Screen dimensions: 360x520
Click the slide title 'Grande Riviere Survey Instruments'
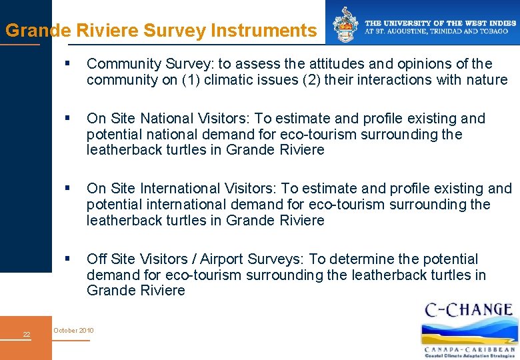coord(160,31)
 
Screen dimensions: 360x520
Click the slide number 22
coord(27,334)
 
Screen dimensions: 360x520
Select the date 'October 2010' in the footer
coord(73,331)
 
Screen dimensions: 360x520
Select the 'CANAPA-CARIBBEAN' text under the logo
coord(470,349)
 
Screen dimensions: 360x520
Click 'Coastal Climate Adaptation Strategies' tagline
coord(470,356)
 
